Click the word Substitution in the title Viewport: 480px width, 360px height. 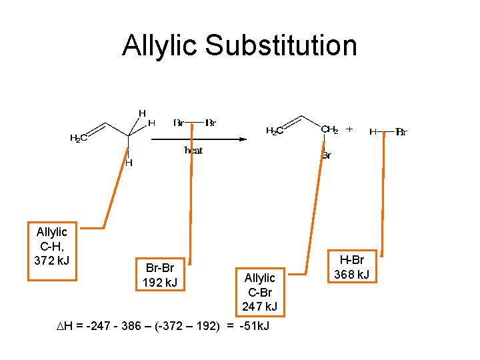click(281, 46)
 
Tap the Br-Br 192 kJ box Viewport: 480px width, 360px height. click(159, 275)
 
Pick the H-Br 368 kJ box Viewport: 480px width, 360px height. click(353, 267)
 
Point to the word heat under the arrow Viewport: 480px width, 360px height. click(193, 151)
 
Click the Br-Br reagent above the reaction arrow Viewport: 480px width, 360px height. click(194, 123)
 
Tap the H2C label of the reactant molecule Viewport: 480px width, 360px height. click(79, 139)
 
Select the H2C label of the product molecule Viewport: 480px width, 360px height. click(275, 131)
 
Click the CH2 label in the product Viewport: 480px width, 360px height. click(329, 130)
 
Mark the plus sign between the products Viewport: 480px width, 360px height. click(349, 129)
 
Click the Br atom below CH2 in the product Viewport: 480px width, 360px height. click(327, 156)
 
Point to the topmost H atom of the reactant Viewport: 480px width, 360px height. click(142, 113)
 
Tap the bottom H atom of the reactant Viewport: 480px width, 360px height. click(129, 163)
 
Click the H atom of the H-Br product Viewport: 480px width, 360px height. click(373, 132)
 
